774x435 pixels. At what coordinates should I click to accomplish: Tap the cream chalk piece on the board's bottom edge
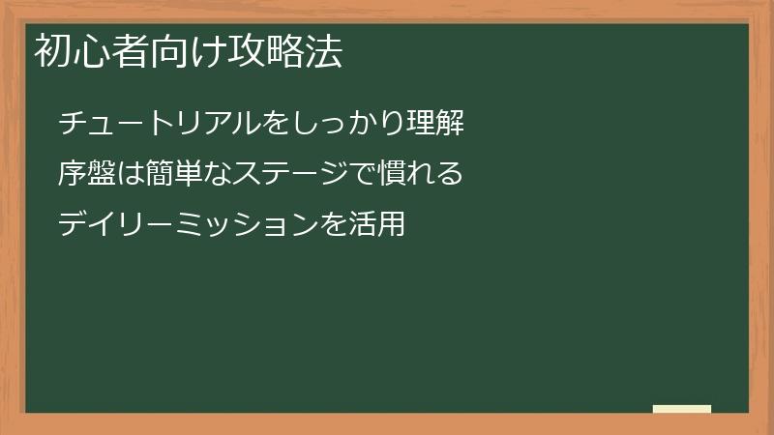click(x=682, y=409)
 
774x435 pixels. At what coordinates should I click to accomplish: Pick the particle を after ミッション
click(x=334, y=226)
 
